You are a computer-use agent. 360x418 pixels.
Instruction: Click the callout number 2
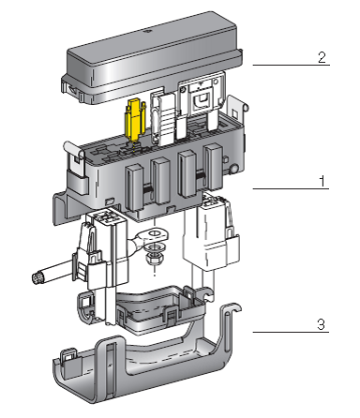[322, 57]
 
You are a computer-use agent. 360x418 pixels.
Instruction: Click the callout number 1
[322, 181]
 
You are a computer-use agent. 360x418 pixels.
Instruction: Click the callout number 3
[322, 324]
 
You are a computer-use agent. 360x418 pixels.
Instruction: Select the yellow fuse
[135, 119]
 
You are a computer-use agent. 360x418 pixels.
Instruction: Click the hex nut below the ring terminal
[154, 259]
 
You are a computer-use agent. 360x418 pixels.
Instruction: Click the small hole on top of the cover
[149, 32]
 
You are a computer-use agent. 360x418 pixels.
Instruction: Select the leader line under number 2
[292, 65]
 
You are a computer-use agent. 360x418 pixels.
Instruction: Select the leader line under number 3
[291, 332]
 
